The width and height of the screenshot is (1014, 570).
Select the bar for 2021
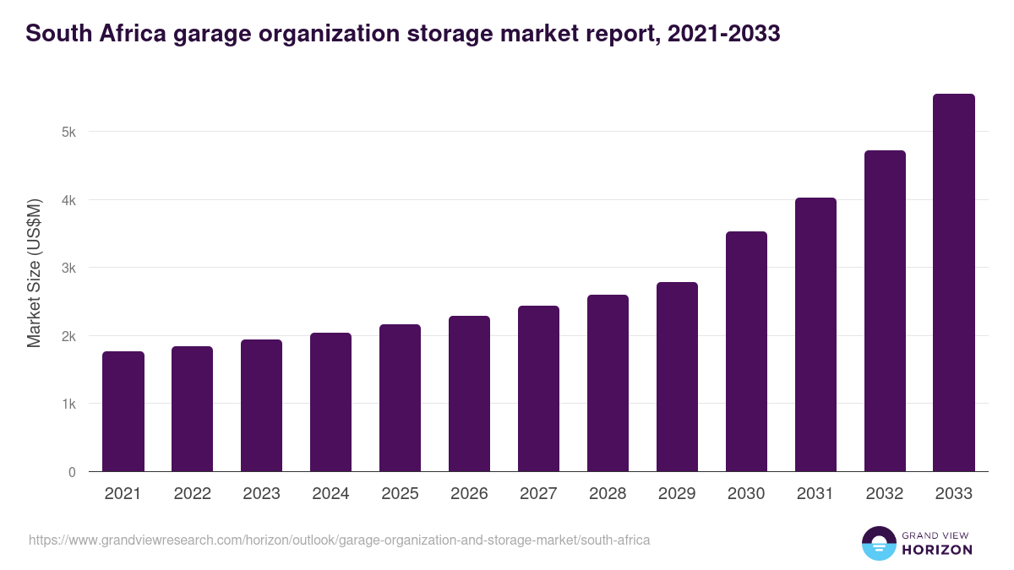pos(123,411)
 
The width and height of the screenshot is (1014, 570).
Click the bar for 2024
pos(330,402)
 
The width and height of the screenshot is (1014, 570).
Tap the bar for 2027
pos(538,388)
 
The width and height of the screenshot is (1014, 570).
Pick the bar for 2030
pos(746,351)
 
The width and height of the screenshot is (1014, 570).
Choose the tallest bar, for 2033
pos(954,283)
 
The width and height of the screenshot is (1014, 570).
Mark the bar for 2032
pos(885,311)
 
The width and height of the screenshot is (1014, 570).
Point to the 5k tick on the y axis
pos(68,132)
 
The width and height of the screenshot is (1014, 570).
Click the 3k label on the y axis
pos(68,268)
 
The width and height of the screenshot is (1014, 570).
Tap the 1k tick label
pos(68,404)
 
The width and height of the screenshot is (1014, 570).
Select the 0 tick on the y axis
pos(72,472)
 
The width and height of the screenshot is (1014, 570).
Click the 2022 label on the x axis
pos(193,494)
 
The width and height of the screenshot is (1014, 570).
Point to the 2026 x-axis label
pos(469,494)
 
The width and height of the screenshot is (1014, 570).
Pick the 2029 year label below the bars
pos(677,494)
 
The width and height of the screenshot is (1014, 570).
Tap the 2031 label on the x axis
pos(815,494)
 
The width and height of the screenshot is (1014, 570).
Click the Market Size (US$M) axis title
pos(34,273)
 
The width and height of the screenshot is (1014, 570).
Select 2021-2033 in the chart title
pos(723,34)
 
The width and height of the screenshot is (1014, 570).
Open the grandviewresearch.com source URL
pos(339,540)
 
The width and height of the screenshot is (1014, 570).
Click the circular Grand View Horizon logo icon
pos(878,543)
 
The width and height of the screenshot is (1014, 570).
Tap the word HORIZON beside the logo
pos(938,550)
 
